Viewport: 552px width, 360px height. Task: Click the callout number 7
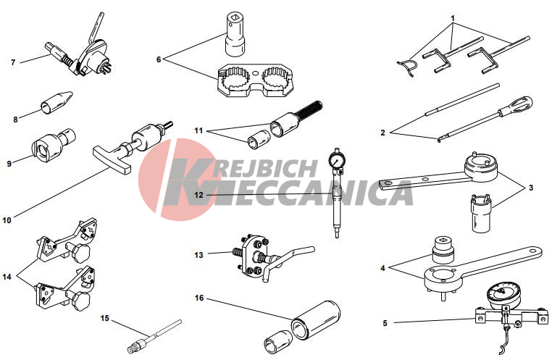[x=13, y=62]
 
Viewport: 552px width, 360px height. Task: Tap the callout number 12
[x=199, y=195]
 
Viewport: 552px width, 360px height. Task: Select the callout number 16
[x=199, y=298]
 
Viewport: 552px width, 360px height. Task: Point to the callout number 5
[x=385, y=323]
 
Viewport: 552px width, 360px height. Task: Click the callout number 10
[x=7, y=220]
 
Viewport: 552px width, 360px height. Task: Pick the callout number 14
[x=7, y=277]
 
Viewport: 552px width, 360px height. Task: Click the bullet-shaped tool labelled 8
[x=57, y=102]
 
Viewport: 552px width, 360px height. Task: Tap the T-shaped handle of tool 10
[x=112, y=161]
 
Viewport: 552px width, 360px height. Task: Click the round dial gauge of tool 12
[x=335, y=162]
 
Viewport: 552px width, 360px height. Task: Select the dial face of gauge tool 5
[x=501, y=293]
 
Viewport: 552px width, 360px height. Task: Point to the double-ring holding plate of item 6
[x=255, y=80]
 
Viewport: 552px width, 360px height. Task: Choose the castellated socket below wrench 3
[x=481, y=212]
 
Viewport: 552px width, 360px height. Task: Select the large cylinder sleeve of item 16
[x=315, y=319]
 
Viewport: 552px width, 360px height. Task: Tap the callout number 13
[x=199, y=255]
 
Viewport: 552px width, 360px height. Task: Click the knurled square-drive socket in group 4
[x=442, y=250]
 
